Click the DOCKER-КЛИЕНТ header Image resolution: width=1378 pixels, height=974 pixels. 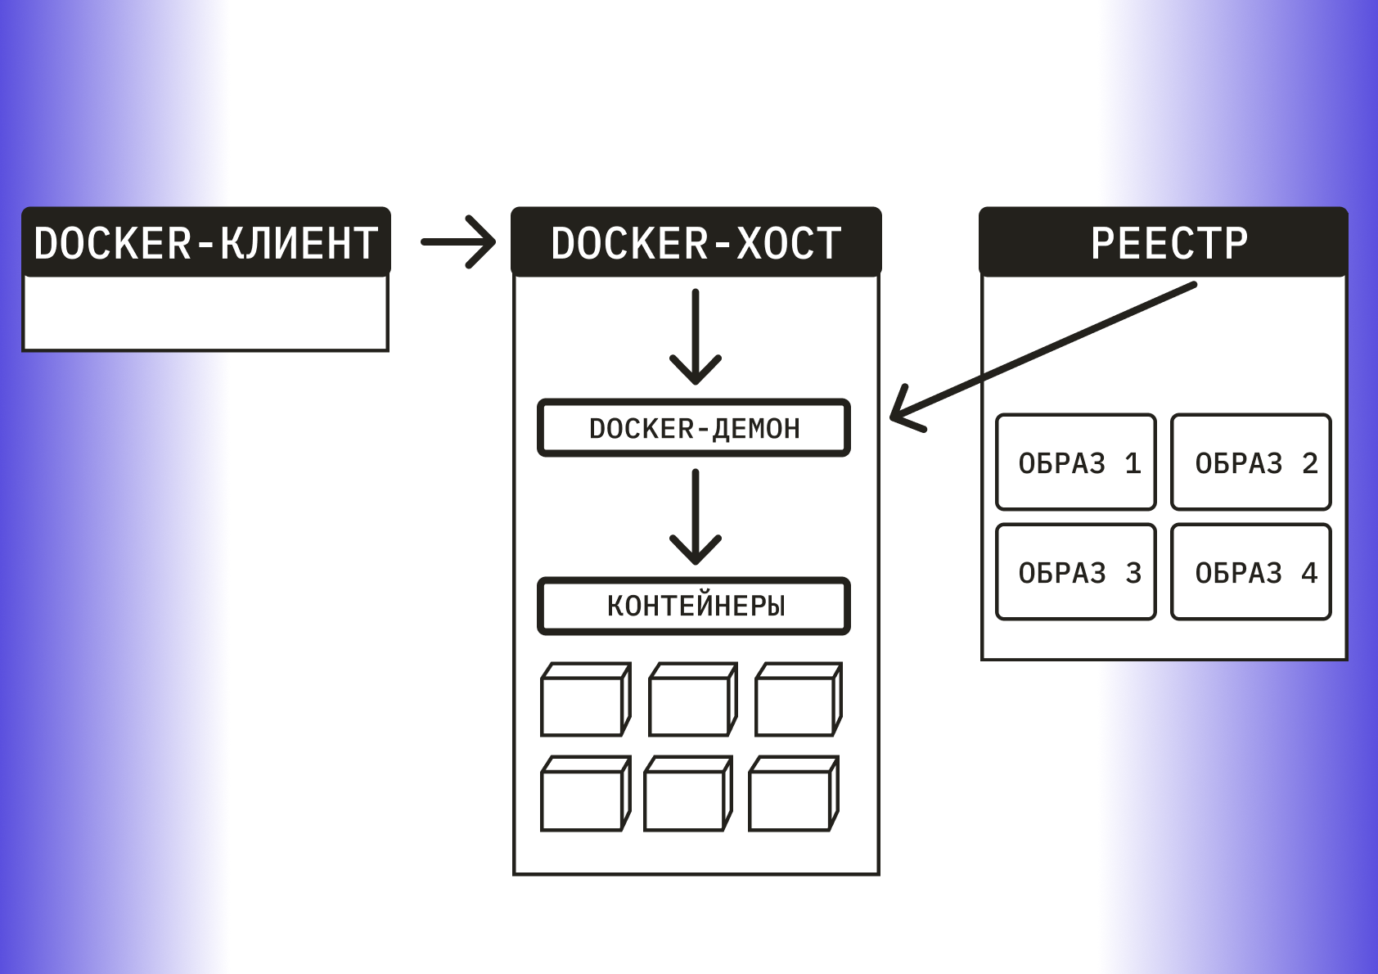205,242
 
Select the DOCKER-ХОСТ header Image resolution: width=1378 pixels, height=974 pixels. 696,242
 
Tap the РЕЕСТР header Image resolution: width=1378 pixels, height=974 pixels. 1163,242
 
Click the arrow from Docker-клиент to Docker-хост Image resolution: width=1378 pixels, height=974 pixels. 458,241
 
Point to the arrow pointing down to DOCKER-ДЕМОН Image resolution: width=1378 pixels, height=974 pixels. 695,337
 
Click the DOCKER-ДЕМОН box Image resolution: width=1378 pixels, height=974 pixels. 694,428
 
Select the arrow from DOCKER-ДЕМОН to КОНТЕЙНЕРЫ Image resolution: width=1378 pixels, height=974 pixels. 695,517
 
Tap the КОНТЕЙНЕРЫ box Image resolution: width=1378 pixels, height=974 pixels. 694,606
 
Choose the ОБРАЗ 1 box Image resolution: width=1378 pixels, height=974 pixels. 1076,462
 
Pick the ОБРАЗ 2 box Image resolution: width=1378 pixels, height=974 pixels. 1251,462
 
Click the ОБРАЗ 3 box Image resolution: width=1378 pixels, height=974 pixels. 1076,572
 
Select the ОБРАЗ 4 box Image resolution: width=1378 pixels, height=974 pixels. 1251,572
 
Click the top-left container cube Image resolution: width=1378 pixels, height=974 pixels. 584,701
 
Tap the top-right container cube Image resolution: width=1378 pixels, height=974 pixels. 797,701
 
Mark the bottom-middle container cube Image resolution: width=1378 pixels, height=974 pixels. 687,795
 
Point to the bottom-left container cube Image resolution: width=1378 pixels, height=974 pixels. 584,795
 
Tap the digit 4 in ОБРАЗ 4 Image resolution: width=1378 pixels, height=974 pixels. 1309,572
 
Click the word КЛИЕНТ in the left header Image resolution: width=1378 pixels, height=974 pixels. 299,243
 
